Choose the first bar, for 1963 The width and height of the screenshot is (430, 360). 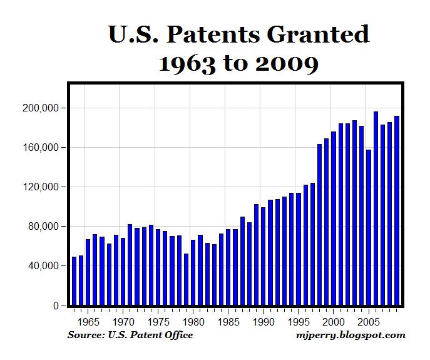74,281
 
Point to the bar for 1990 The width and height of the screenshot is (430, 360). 263,257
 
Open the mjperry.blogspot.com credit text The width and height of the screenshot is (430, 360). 351,336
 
